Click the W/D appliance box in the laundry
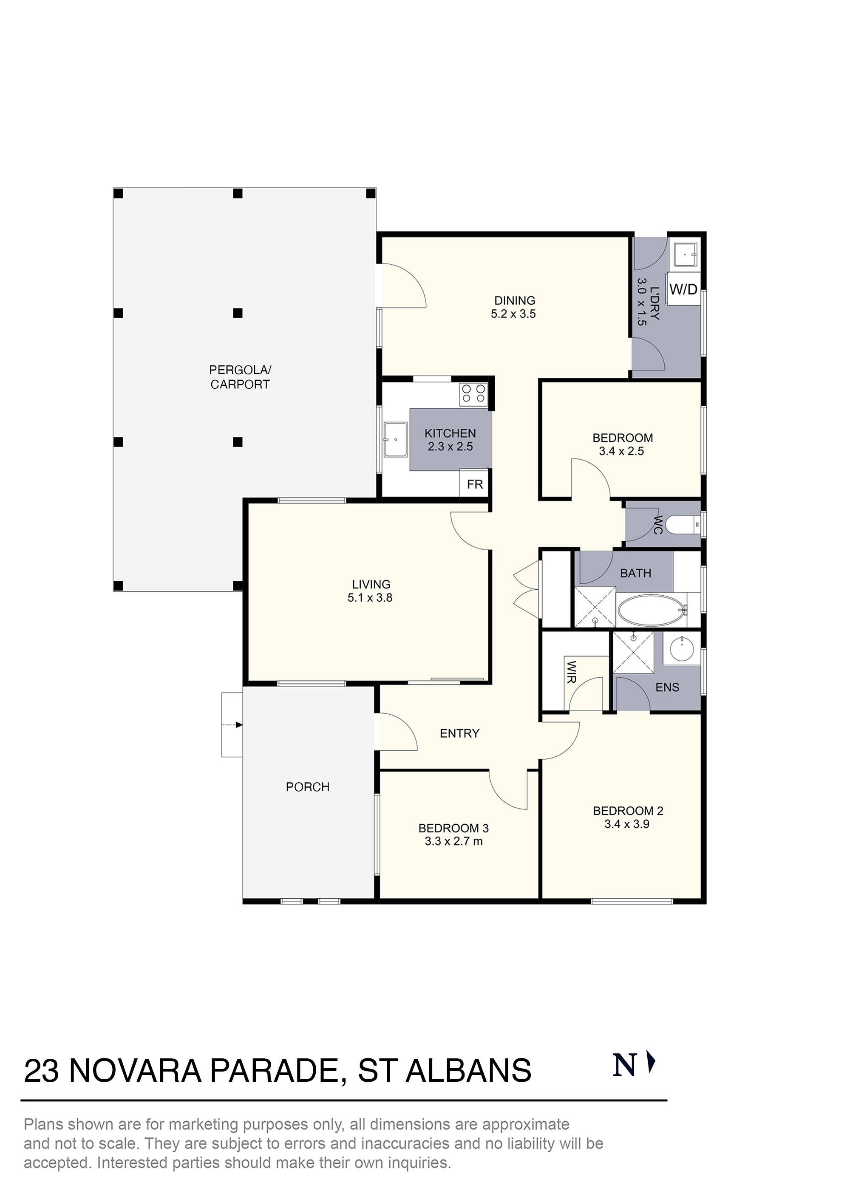pyautogui.click(x=683, y=289)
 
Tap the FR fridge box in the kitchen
pyautogui.click(x=474, y=484)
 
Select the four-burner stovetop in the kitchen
pyautogui.click(x=473, y=394)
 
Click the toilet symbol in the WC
pyautogui.click(x=686, y=524)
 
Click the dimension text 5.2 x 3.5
pyautogui.click(x=513, y=314)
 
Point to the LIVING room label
pyautogui.click(x=371, y=584)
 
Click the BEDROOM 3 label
pyautogui.click(x=453, y=828)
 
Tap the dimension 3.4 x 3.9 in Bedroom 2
pyautogui.click(x=627, y=824)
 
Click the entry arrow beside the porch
pyautogui.click(x=232, y=725)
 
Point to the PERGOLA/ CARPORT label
pyautogui.click(x=240, y=377)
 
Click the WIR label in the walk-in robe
pyautogui.click(x=571, y=672)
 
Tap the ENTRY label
pyautogui.click(x=459, y=733)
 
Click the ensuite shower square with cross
pyautogui.click(x=634, y=652)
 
